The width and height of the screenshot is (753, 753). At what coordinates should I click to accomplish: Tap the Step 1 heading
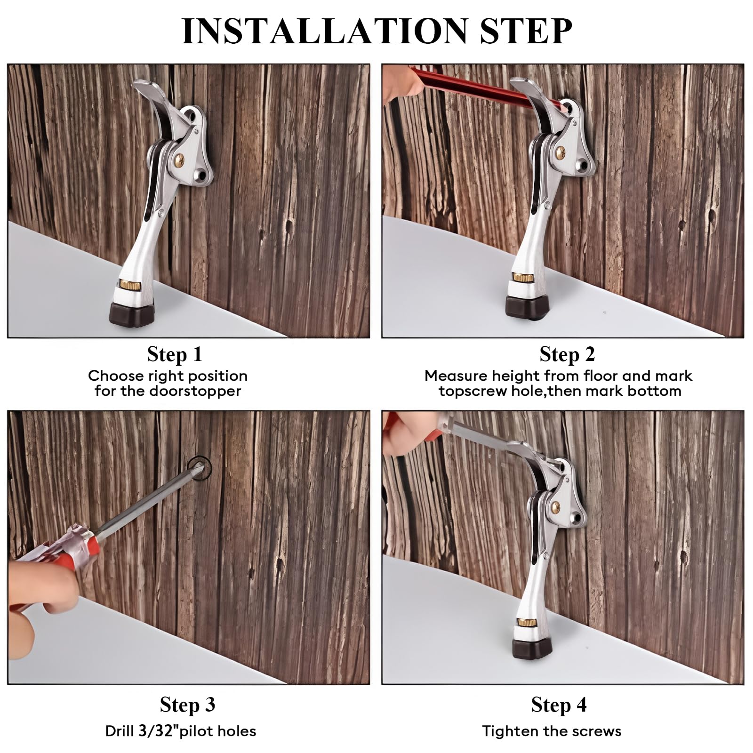coord(175,354)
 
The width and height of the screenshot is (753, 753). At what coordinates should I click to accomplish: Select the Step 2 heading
coord(567,354)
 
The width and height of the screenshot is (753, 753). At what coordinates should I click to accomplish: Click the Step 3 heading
coord(187,705)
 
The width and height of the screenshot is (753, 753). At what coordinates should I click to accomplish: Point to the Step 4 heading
coord(559,705)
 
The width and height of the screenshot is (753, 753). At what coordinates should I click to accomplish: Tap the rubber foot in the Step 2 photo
coord(525,306)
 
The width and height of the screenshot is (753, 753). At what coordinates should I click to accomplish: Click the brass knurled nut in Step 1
coord(128,285)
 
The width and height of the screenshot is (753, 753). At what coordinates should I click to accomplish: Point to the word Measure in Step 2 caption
coord(456,376)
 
